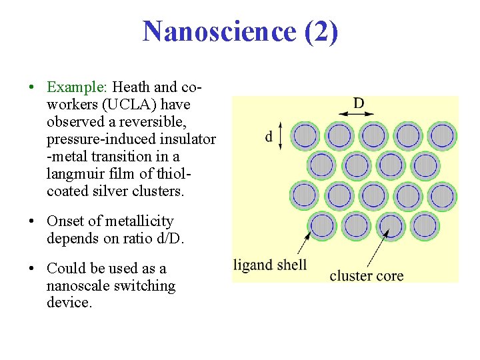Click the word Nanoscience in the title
[x=219, y=31]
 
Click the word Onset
[x=67, y=221]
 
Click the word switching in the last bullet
[x=148, y=286]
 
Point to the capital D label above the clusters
[x=359, y=103]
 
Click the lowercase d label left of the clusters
[x=269, y=137]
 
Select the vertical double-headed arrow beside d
[x=281, y=135]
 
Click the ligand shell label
[x=270, y=265]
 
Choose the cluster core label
[x=367, y=275]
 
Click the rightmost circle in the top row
[x=442, y=136]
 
